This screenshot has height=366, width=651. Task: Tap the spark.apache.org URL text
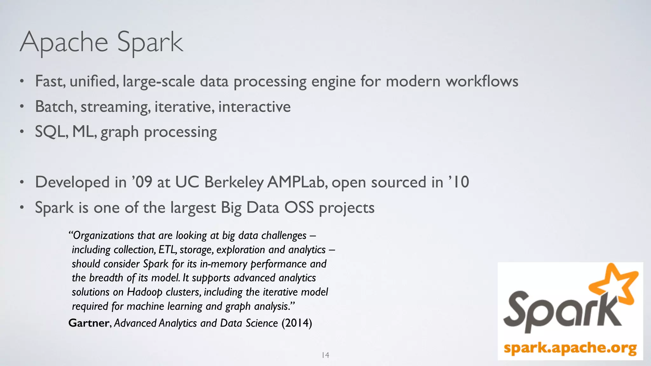pyautogui.click(x=570, y=348)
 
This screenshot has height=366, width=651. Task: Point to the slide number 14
pyautogui.click(x=325, y=355)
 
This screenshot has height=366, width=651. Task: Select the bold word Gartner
pyautogui.click(x=89, y=323)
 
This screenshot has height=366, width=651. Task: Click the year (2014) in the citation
pyautogui.click(x=297, y=323)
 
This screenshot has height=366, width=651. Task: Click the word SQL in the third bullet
pyautogui.click(x=51, y=132)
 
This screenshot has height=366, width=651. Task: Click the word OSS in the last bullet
pyautogui.click(x=299, y=207)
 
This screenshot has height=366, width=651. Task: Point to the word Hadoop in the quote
pyautogui.click(x=145, y=292)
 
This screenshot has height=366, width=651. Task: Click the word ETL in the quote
pyautogui.click(x=167, y=250)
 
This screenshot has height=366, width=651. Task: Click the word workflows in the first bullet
pyautogui.click(x=482, y=81)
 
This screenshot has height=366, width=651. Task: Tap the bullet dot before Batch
pyautogui.click(x=22, y=107)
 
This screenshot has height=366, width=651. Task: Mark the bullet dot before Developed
pyautogui.click(x=22, y=182)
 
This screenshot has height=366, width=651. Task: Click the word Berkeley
pyautogui.click(x=234, y=182)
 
